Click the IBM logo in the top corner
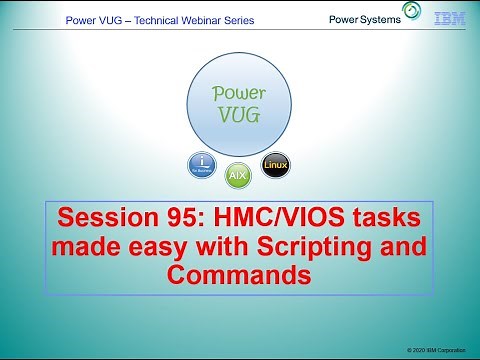point(448,18)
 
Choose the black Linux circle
point(275,165)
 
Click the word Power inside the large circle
point(239,94)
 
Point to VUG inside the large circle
point(239,115)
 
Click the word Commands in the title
point(239,274)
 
